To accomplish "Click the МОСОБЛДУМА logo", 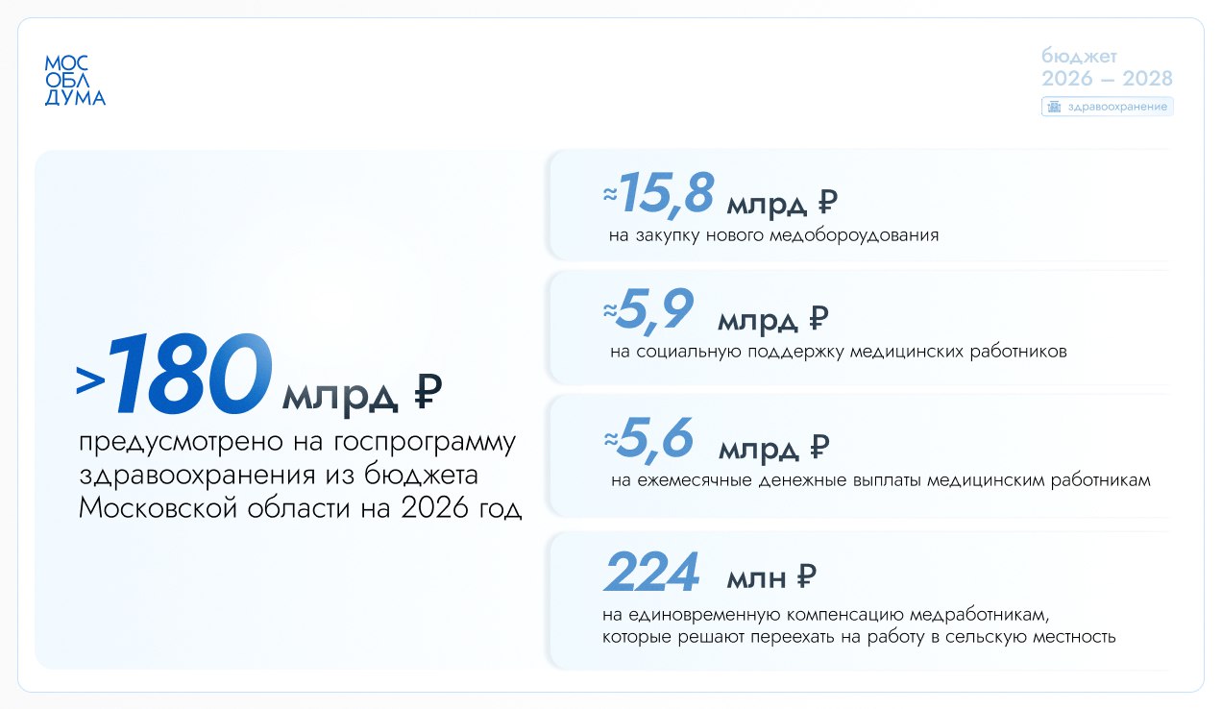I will coord(75,80).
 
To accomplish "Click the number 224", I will coord(650,573).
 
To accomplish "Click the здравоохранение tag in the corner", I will coord(1108,107).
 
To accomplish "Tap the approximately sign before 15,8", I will coord(608,193).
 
